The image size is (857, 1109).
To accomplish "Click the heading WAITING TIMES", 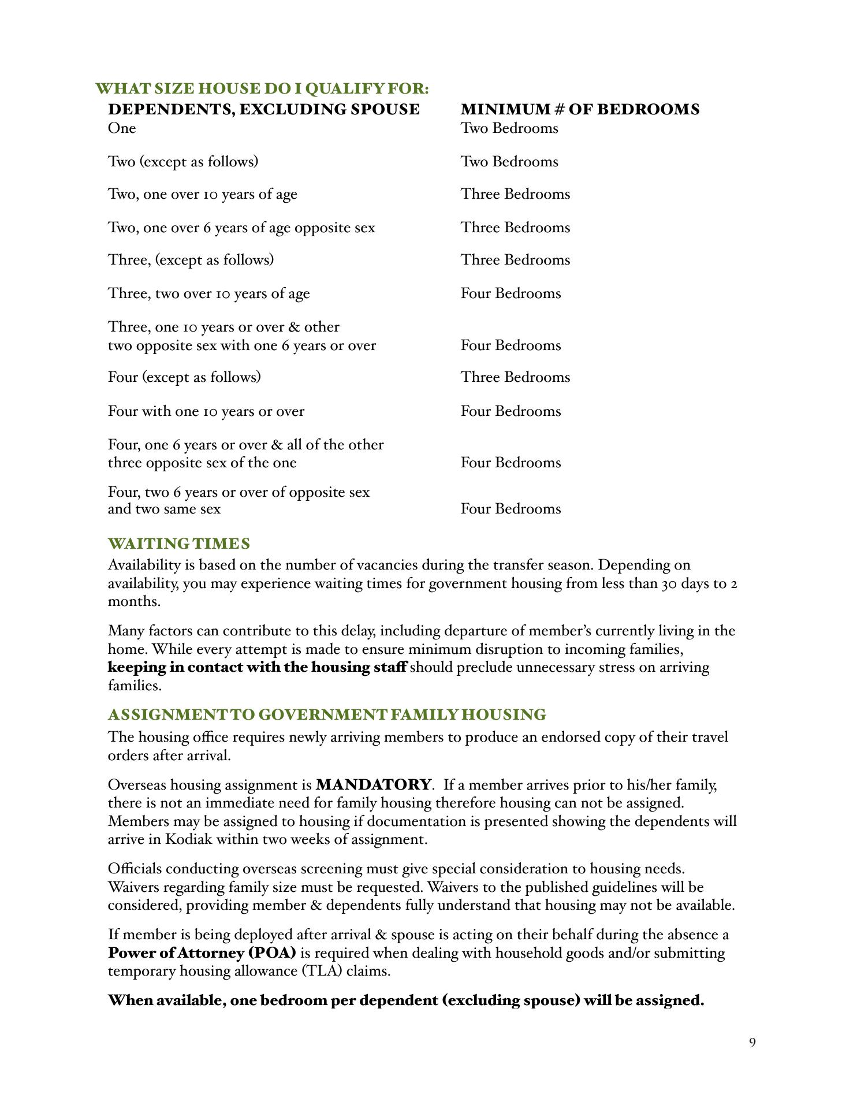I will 179,544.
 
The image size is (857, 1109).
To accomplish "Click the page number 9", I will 752,1043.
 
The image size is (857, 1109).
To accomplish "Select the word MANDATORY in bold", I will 374,785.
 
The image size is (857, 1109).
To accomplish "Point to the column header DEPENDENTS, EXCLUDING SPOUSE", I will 264,109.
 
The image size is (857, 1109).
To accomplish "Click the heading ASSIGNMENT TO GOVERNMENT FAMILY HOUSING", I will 327,715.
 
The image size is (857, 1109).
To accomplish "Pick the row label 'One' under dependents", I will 122,128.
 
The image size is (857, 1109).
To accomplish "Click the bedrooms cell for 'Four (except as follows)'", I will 515,377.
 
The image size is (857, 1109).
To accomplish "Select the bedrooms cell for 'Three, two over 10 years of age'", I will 511,293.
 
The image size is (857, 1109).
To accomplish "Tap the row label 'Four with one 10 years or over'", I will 206,411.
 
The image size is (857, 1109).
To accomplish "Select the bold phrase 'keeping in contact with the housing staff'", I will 257,668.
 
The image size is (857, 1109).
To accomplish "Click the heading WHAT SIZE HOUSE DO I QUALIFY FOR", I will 262,89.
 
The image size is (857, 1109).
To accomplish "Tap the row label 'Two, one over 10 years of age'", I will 203,194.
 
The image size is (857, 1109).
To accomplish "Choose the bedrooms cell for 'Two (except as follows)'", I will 509,162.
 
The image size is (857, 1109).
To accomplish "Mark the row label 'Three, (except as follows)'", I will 191,260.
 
